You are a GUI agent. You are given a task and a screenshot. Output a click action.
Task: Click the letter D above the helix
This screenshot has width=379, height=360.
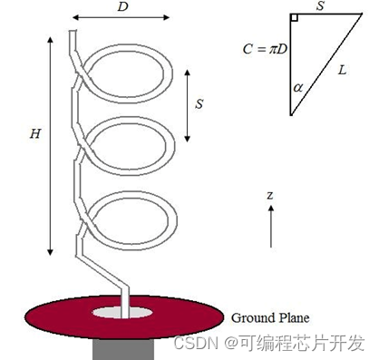(123, 6)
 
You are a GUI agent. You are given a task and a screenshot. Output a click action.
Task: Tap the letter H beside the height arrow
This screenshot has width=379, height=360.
(35, 133)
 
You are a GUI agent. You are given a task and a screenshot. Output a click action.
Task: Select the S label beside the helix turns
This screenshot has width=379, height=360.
(199, 103)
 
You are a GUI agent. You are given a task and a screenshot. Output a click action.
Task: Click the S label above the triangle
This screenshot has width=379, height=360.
(320, 5)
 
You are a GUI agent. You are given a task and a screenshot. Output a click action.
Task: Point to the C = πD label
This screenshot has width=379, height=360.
(265, 49)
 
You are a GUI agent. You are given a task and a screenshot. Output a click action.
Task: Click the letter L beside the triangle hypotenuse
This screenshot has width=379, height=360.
(342, 71)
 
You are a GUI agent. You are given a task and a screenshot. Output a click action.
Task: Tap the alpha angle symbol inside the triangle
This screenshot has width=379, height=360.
(298, 88)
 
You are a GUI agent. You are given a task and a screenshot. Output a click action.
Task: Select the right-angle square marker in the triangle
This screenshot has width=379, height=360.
(295, 17)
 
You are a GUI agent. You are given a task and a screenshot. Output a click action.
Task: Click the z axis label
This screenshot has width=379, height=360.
(270, 195)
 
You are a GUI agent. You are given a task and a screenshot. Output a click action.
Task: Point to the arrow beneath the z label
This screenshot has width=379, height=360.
(271, 227)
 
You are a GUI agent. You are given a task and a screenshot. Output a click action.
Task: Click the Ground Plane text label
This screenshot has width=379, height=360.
(270, 318)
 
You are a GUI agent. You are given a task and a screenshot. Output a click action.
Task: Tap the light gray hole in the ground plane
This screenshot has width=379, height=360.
(122, 312)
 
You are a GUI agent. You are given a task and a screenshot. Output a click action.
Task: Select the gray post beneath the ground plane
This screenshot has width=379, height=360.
(123, 349)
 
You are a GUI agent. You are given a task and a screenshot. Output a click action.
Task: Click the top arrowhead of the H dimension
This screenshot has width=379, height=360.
(50, 40)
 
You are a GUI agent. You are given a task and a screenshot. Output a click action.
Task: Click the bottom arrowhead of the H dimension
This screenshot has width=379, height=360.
(50, 253)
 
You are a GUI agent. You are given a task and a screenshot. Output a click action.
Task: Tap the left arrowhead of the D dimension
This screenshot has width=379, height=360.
(75, 17)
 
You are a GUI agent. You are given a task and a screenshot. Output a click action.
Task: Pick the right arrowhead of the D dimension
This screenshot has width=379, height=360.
(166, 17)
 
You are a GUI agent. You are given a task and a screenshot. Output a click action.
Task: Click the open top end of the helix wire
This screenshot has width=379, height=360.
(73, 31)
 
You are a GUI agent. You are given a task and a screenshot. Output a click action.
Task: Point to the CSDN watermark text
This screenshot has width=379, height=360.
(269, 343)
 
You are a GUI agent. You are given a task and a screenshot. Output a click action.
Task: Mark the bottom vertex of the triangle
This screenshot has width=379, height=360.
(291, 115)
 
